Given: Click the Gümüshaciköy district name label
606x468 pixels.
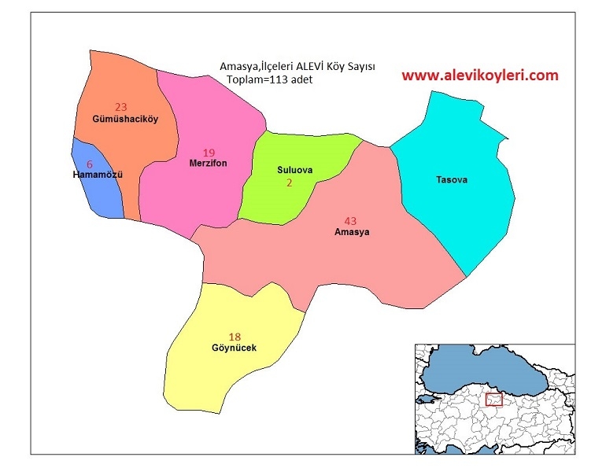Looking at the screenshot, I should coord(120,120).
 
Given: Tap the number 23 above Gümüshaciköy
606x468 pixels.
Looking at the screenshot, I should coord(120,107).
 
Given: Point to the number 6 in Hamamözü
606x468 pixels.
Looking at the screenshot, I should coord(89,164).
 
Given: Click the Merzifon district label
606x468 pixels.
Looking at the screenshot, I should coord(208,164).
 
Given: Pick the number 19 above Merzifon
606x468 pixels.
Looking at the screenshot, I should coord(209,153).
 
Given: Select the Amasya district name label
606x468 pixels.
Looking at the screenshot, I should coord(351,233).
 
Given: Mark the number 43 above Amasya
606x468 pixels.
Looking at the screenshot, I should coord(351,220).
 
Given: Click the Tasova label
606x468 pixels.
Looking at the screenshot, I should coord(452,180).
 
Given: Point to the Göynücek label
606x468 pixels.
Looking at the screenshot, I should coord(234,348).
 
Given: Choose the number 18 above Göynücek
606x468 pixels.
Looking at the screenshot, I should coord(235,336).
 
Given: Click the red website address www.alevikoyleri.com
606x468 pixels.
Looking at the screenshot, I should coord(479,76).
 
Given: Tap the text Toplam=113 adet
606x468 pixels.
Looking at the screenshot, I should coord(269,80).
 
